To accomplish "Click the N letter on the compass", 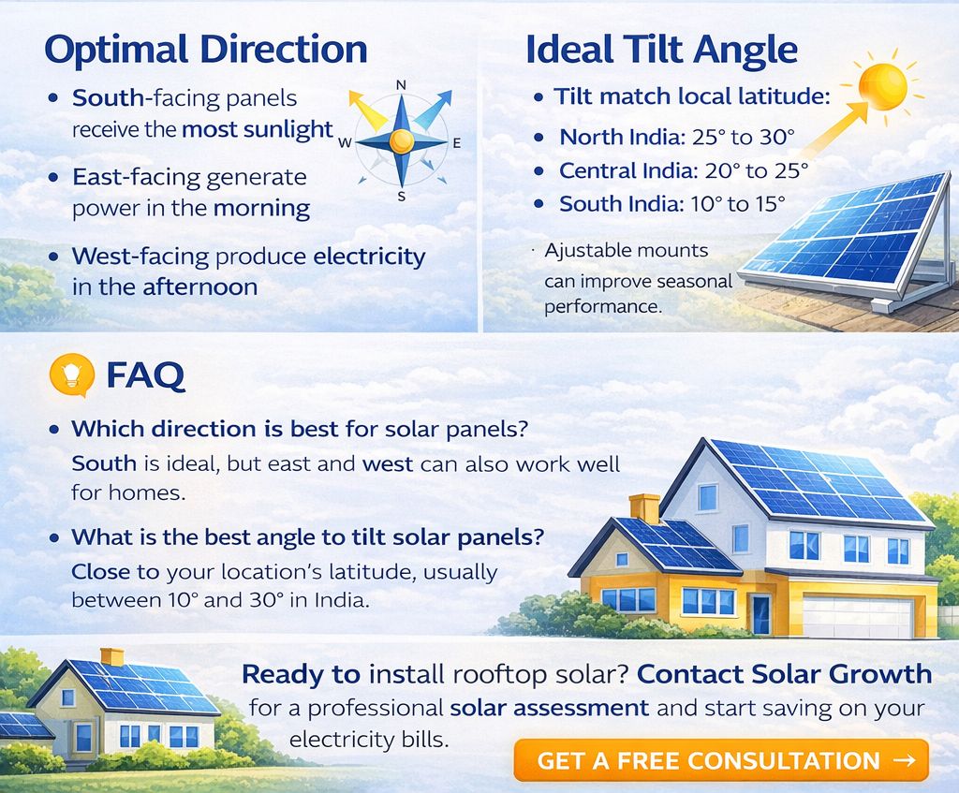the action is click(x=401, y=85).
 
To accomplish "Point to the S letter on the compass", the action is click(x=402, y=197).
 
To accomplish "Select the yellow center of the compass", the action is click(x=401, y=141).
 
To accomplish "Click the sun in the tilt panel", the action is click(x=882, y=86).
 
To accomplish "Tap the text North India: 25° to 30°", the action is click(x=677, y=137).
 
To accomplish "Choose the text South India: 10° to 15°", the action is click(x=672, y=203).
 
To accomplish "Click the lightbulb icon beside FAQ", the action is click(x=72, y=374).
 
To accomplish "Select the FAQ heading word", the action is click(x=145, y=374).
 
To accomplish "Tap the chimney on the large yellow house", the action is click(x=644, y=508).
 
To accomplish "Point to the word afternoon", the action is click(x=200, y=286).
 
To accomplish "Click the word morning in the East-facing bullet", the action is click(x=262, y=209).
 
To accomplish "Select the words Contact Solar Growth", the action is click(x=784, y=674).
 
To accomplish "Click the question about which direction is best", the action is click(x=299, y=429).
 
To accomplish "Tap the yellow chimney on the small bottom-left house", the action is click(x=112, y=656).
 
